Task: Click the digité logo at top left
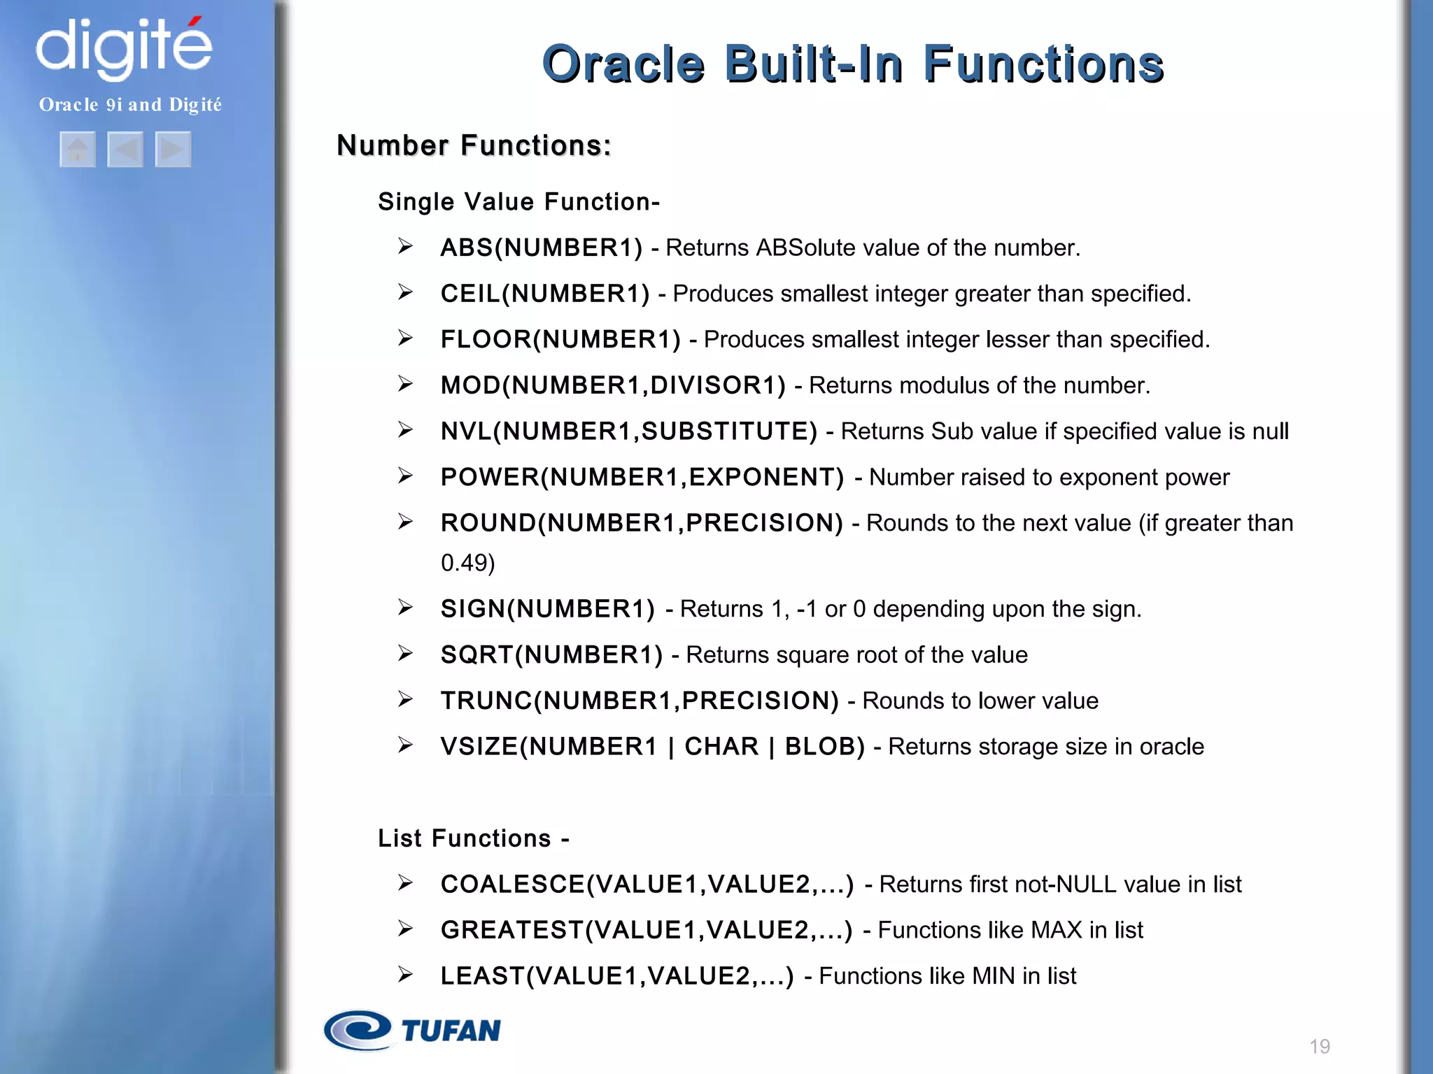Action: tap(124, 48)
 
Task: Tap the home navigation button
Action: tap(78, 150)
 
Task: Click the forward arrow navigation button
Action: tap(173, 150)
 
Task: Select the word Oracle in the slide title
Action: tap(623, 64)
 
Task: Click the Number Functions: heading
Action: tap(474, 145)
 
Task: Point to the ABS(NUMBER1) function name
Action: tap(541, 248)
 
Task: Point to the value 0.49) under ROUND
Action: tap(467, 563)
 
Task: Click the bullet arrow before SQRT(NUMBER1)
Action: tap(405, 654)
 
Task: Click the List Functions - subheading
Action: tap(474, 838)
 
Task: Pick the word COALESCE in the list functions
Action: tap(512, 885)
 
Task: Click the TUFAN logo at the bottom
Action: tap(413, 1030)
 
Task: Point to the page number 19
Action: tap(1320, 1046)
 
